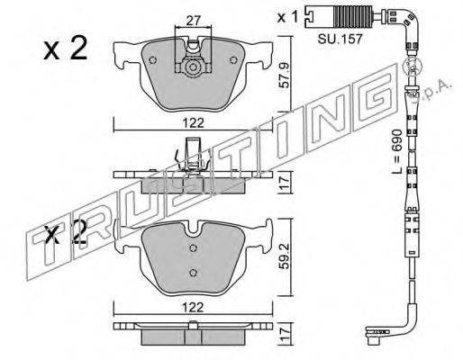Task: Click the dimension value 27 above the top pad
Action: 193,22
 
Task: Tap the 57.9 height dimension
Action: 284,75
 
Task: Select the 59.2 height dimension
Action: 284,256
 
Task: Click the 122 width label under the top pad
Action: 193,123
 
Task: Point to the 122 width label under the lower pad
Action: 193,307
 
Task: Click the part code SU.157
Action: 340,39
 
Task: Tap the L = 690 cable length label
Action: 397,152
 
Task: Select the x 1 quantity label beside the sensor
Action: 287,17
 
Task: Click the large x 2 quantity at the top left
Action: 66,48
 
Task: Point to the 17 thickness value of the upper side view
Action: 284,183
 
